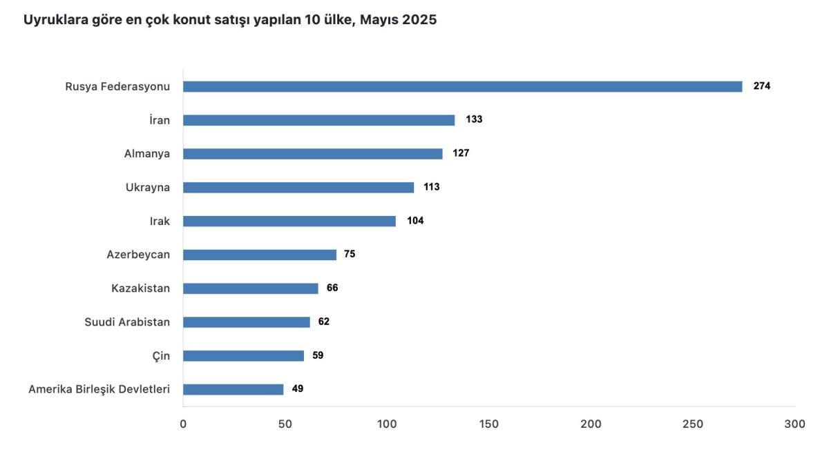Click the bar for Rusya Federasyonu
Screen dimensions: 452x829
(462, 86)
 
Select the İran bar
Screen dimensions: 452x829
(318, 120)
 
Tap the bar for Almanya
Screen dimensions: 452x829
(312, 154)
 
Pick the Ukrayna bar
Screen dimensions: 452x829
(298, 187)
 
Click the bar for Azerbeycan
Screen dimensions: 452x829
(260, 255)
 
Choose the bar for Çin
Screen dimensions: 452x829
(243, 355)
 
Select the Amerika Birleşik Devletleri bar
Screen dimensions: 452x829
(233, 389)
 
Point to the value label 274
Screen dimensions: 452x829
(762, 86)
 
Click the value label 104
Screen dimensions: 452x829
(415, 221)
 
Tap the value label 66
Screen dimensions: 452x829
(332, 288)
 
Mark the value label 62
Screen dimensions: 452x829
(324, 322)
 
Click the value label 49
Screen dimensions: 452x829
(298, 389)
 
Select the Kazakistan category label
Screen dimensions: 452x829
(140, 288)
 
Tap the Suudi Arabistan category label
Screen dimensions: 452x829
(127, 322)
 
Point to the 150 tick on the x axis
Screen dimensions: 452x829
(489, 424)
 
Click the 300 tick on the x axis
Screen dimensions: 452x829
(795, 424)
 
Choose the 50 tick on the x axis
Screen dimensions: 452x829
(285, 424)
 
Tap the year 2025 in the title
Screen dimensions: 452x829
(419, 20)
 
